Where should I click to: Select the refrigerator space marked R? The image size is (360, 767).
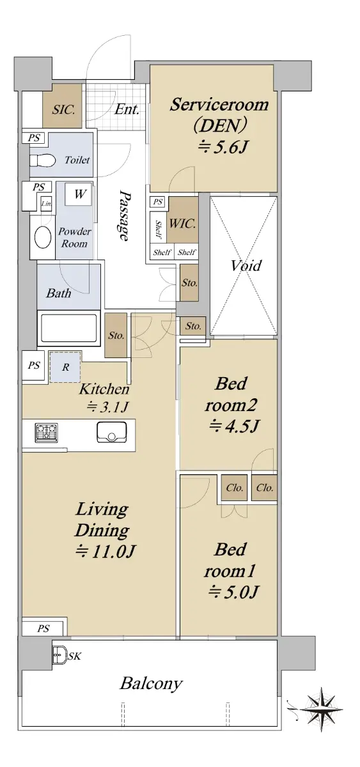click(65, 367)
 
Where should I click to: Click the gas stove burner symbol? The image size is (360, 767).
click(46, 432)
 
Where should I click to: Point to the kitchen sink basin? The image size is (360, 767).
click(112, 432)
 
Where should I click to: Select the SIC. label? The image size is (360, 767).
click(63, 110)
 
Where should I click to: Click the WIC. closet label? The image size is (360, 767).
click(183, 224)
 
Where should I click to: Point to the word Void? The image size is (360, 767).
click(246, 265)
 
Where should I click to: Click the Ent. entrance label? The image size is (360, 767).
click(127, 109)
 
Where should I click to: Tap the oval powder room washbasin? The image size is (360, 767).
click(43, 237)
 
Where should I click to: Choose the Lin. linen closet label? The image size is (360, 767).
click(46, 204)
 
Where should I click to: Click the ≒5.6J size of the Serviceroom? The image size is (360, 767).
click(223, 147)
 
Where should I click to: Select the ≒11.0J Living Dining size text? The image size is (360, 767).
click(106, 551)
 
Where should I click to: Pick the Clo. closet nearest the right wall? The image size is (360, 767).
click(265, 487)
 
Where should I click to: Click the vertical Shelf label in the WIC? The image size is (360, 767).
click(158, 229)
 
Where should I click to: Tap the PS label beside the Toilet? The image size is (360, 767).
click(34, 138)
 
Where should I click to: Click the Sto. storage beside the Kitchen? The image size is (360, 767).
click(116, 335)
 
